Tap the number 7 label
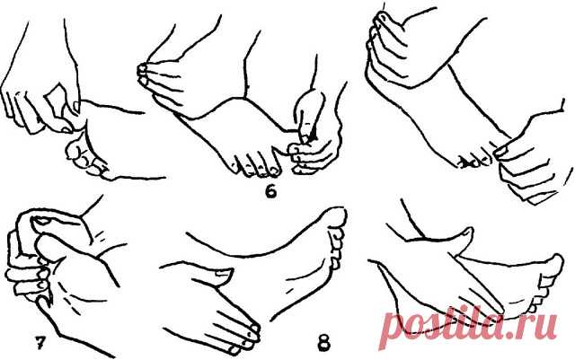(x=39, y=342)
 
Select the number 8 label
(x=323, y=344)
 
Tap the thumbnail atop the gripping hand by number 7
(x=43, y=221)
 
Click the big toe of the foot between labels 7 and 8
(x=335, y=217)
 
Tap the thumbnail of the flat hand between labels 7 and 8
(x=223, y=272)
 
